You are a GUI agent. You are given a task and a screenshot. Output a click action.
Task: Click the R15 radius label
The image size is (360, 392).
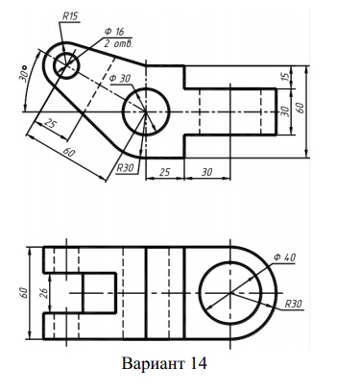pyautogui.click(x=70, y=16)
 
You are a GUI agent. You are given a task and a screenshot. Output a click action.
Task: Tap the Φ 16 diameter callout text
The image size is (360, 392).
pyautogui.click(x=114, y=32)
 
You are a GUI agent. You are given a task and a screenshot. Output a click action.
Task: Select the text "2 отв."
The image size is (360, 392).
pyautogui.click(x=118, y=43)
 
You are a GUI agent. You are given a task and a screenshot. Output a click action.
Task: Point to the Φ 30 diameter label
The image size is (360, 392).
pyautogui.click(x=120, y=79)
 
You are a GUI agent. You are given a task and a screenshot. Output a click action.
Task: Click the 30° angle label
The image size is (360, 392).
pyautogui.click(x=24, y=73)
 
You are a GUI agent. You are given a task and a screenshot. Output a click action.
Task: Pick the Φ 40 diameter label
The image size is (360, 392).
pyautogui.click(x=285, y=257)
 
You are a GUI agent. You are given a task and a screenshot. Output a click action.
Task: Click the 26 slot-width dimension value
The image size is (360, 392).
pyautogui.click(x=44, y=293)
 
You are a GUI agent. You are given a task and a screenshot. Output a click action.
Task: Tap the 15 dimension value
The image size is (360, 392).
pyautogui.click(x=286, y=77)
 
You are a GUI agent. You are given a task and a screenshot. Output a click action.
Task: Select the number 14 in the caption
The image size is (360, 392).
pyautogui.click(x=199, y=364)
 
